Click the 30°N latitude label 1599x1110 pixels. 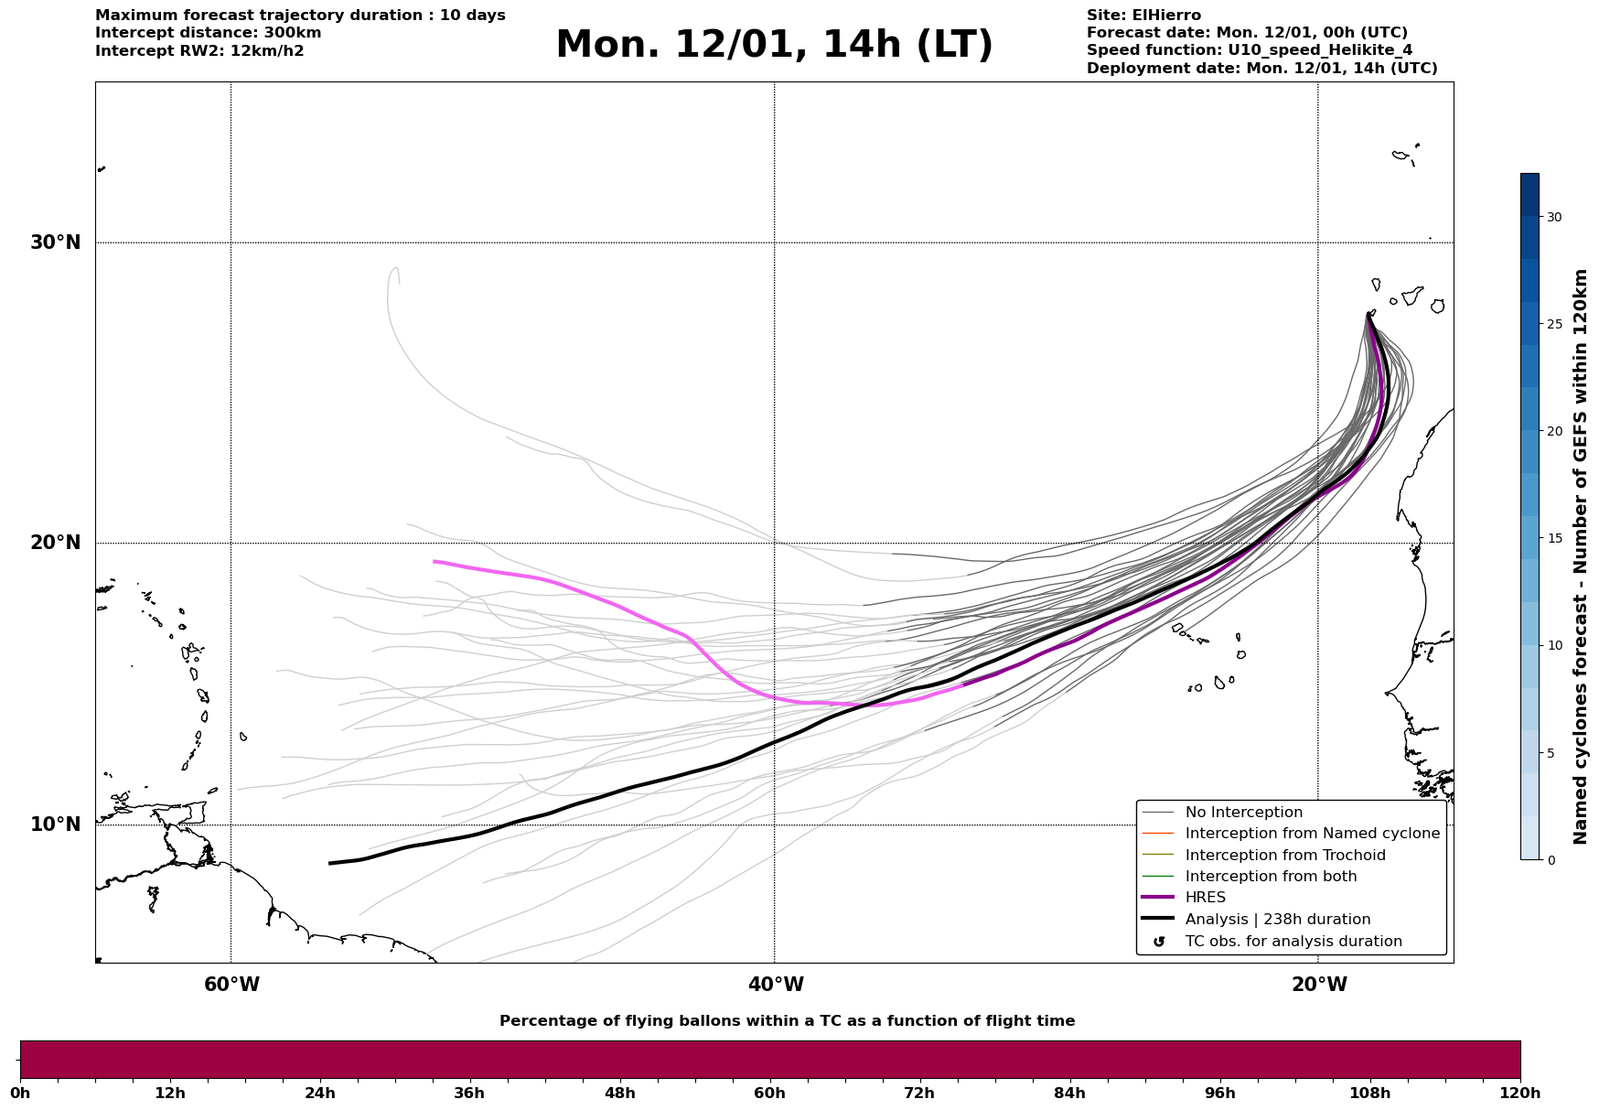pos(55,242)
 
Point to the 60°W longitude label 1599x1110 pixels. pos(231,985)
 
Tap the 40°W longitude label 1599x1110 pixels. pos(776,985)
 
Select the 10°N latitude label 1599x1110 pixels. pos(55,824)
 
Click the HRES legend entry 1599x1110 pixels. pos(1205,898)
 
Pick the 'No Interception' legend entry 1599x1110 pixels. pos(1243,813)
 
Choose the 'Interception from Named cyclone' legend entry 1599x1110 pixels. pos(1312,834)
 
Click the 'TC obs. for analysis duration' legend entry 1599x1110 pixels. pos(1293,941)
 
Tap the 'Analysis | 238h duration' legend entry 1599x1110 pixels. pos(1277,920)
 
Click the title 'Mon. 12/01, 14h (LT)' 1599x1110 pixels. pos(774,45)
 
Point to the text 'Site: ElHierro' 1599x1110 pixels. pos(1143,16)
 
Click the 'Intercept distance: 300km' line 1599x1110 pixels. pos(209,33)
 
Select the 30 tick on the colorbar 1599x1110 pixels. pos(1554,217)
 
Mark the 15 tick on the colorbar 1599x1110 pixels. pos(1554,538)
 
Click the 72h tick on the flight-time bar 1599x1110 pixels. pos(919,1093)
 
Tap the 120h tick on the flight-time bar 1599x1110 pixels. pos(1520,1093)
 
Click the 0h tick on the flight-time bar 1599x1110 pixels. pos(20,1093)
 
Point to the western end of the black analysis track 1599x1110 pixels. pos(329,863)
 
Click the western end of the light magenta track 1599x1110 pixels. pos(435,561)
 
